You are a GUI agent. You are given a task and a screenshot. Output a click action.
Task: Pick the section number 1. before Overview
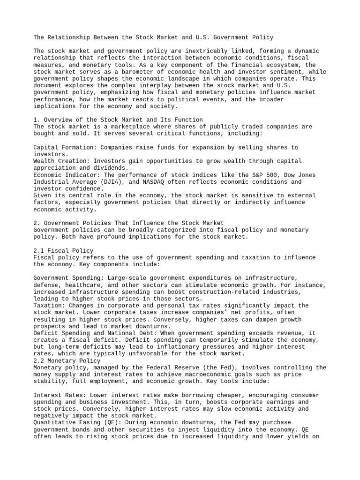[37, 120]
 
